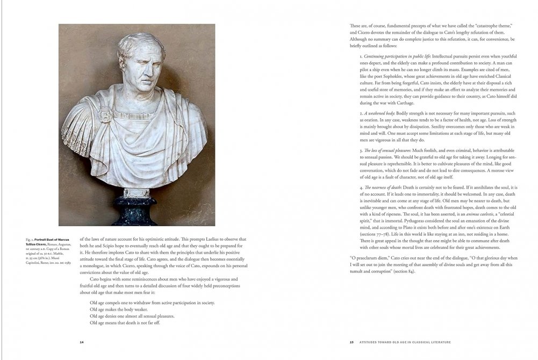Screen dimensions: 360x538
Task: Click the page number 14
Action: click(82, 342)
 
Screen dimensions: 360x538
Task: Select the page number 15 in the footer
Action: click(351, 342)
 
